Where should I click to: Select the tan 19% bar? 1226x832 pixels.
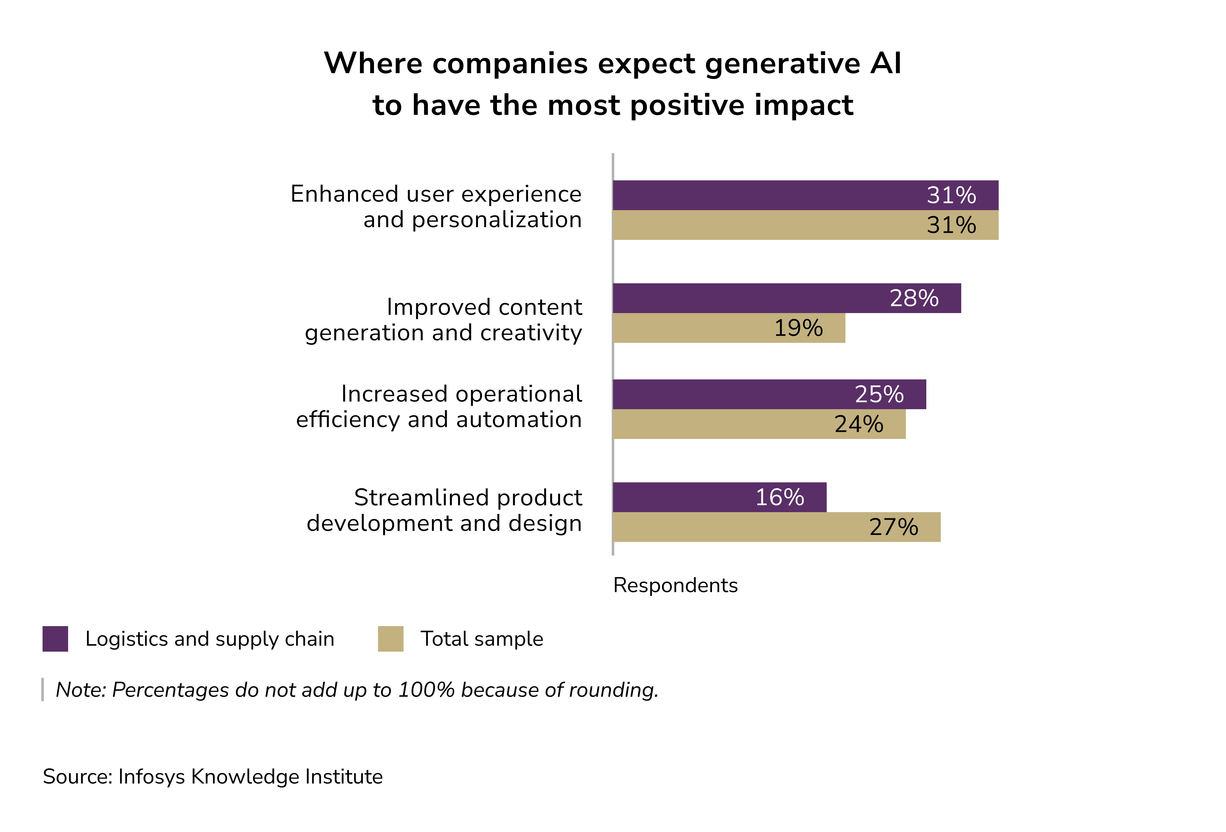click(x=728, y=328)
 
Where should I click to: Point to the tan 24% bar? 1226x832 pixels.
click(x=759, y=424)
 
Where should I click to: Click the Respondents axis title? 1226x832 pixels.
click(x=675, y=585)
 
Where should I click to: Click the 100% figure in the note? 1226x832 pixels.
click(x=426, y=690)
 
